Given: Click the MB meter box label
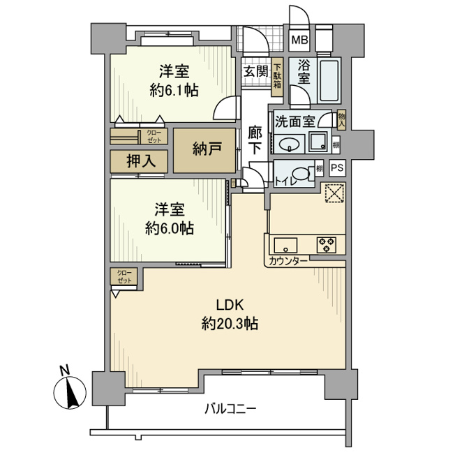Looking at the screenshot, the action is tap(300, 40).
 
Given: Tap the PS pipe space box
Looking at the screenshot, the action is tap(337, 168).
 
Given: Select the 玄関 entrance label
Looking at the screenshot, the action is tap(255, 71).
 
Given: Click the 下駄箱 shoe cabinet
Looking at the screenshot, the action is tap(277, 77).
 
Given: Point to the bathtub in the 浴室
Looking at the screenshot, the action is tap(329, 80).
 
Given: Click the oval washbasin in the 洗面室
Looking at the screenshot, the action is tap(289, 144).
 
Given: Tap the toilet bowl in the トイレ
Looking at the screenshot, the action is tap(301, 174).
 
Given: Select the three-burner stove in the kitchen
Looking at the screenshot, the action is tap(327, 245).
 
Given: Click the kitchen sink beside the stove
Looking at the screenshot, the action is tap(286, 246).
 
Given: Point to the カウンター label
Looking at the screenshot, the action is tap(288, 261).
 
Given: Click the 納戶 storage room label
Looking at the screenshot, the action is tap(207, 149).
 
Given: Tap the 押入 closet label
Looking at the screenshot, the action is tap(142, 161).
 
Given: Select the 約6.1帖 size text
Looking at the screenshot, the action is tap(174, 91).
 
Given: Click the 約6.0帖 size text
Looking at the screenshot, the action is tap(170, 228).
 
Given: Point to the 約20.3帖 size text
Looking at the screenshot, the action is tap(230, 323).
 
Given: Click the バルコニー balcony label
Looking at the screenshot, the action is tap(231, 410).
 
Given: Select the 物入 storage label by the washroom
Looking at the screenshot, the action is tap(342, 119).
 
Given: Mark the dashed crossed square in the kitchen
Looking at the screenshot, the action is tap(334, 193).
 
